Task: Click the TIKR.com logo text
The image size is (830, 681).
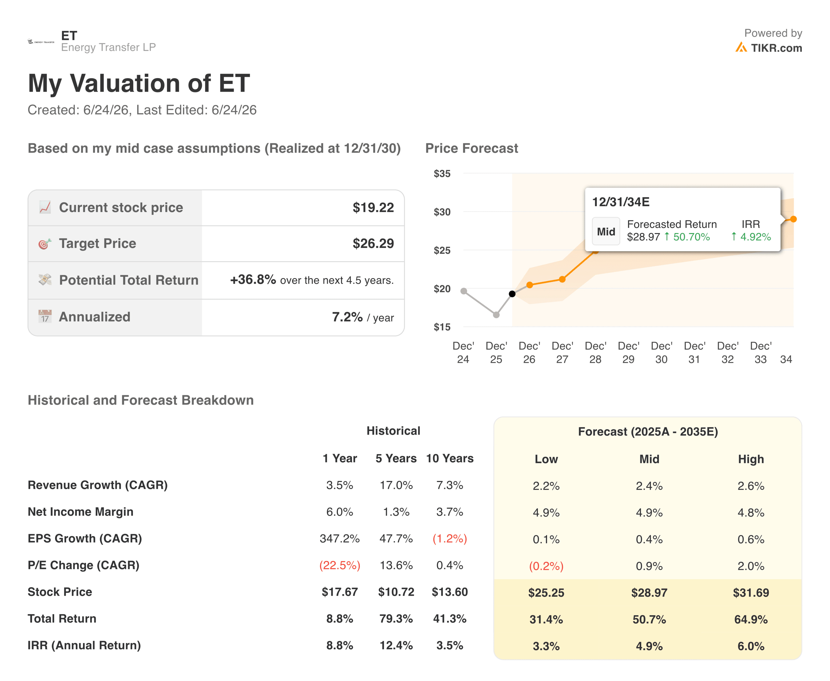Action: point(776,48)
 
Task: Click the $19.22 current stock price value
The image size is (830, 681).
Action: point(373,207)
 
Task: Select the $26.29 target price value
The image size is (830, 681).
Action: point(373,244)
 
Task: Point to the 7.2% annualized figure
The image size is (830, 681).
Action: point(347,317)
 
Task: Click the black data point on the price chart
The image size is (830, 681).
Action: point(512,294)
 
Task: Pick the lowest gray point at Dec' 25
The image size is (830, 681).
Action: point(496,315)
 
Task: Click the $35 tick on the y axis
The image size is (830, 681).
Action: point(442,173)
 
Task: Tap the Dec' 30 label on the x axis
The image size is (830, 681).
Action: point(661,352)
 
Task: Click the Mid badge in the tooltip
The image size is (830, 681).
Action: point(606,231)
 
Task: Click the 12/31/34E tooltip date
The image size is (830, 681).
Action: point(621,202)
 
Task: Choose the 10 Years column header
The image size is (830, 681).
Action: point(450,458)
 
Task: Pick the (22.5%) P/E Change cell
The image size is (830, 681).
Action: point(339,565)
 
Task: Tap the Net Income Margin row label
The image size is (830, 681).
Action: point(80,511)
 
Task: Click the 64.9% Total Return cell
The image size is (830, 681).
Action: point(751,619)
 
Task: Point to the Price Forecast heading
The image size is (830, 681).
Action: point(471,148)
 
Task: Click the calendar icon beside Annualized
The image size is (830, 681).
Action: point(45,316)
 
